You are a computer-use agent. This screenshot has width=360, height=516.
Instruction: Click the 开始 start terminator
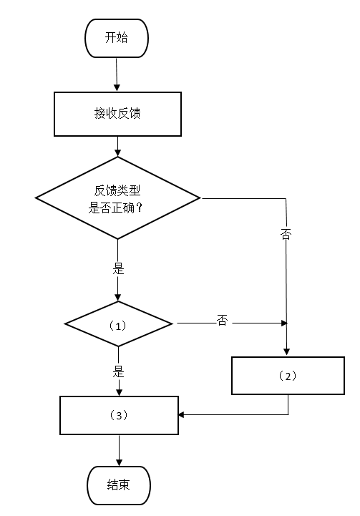point(117,38)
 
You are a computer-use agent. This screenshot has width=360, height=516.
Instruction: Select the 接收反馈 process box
point(117,114)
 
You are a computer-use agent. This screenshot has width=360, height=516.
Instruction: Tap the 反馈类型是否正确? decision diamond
point(117,198)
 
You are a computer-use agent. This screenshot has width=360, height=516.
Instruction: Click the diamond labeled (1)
point(118,323)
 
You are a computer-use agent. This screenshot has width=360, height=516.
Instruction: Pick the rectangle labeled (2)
point(288,376)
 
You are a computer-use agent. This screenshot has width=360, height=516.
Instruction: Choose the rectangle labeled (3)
point(119,415)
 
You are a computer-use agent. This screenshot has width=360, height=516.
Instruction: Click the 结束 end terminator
point(119,485)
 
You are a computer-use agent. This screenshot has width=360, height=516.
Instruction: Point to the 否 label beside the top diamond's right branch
point(286,234)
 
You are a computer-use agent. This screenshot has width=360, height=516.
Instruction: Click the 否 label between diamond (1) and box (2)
point(222,320)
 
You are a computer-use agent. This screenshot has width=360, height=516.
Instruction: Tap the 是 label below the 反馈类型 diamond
point(118,269)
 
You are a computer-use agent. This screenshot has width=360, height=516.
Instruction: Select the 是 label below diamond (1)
point(119,371)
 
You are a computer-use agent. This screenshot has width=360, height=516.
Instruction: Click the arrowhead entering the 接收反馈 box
point(117,88)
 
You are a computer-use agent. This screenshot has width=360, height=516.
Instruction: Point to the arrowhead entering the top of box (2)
point(286,351)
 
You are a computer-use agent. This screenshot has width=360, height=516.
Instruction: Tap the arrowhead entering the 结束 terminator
point(119,462)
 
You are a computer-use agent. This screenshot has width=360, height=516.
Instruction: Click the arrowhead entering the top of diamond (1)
point(118,298)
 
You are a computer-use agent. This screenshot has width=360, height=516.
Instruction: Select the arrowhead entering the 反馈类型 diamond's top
point(118,152)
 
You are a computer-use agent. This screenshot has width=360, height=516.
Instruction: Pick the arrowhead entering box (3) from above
point(119,392)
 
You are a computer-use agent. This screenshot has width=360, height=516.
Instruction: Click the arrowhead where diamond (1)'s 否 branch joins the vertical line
point(284,323)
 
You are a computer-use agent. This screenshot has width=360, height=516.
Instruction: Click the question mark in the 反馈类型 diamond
point(139,208)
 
